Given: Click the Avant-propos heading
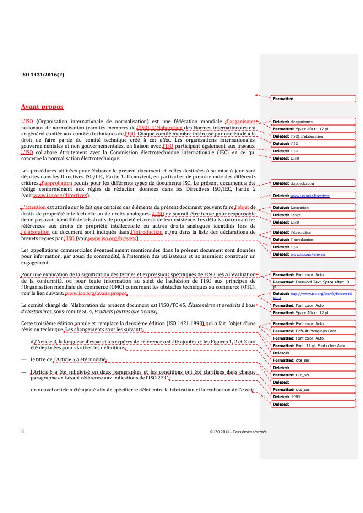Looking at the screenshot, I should click(42, 107).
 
